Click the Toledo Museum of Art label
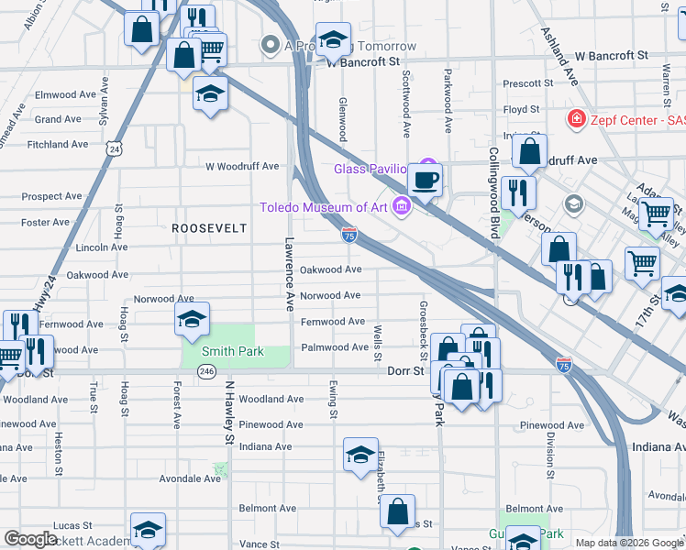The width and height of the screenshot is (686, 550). click(x=324, y=207)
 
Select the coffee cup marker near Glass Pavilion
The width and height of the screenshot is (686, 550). click(x=426, y=178)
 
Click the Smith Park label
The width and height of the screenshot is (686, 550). click(x=233, y=351)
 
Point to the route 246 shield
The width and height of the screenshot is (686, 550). click(x=206, y=371)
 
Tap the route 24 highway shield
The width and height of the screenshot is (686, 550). click(x=114, y=148)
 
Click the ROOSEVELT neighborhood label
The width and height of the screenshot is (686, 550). click(x=209, y=227)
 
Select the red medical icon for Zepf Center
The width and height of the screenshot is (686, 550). click(x=576, y=119)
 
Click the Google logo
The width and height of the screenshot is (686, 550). click(x=30, y=538)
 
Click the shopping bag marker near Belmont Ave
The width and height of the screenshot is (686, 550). click(x=397, y=514)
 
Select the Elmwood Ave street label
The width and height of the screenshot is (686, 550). click(x=65, y=94)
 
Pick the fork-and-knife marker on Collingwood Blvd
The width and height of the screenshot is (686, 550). click(x=519, y=193)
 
